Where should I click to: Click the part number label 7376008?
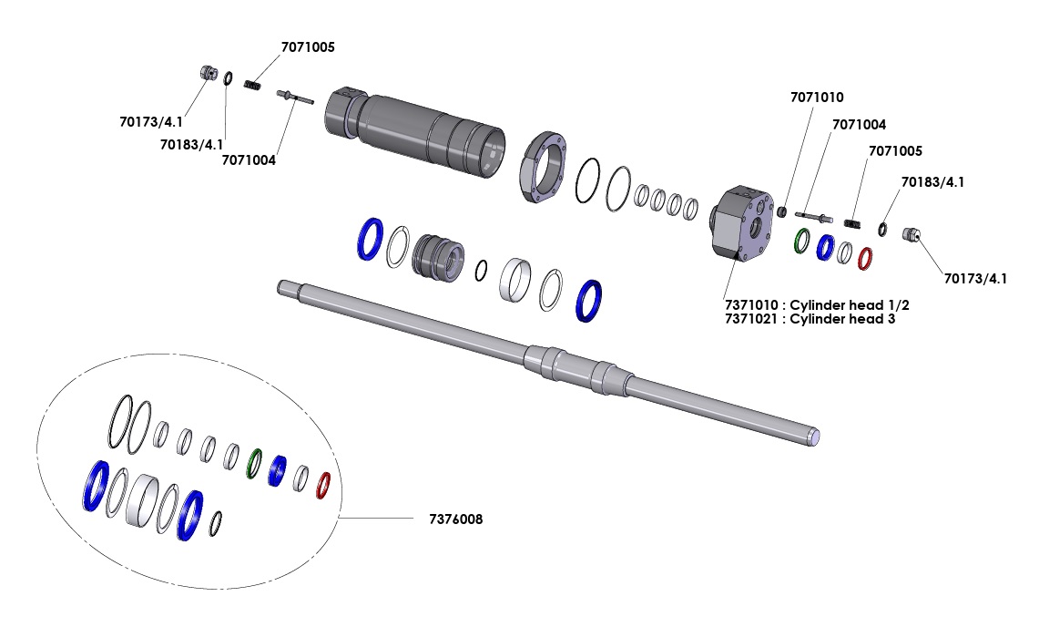pyautogui.click(x=455, y=519)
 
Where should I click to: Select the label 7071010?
pyautogui.click(x=817, y=97)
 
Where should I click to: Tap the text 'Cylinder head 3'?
pyautogui.click(x=842, y=319)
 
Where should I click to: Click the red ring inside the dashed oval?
pyautogui.click(x=322, y=484)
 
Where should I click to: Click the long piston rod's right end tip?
pyautogui.click(x=816, y=438)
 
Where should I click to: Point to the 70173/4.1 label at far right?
pyautogui.click(x=975, y=278)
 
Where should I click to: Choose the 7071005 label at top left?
pyautogui.click(x=307, y=47)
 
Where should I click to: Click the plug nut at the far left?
pyautogui.click(x=208, y=73)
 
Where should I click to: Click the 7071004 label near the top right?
pyautogui.click(x=859, y=124)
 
